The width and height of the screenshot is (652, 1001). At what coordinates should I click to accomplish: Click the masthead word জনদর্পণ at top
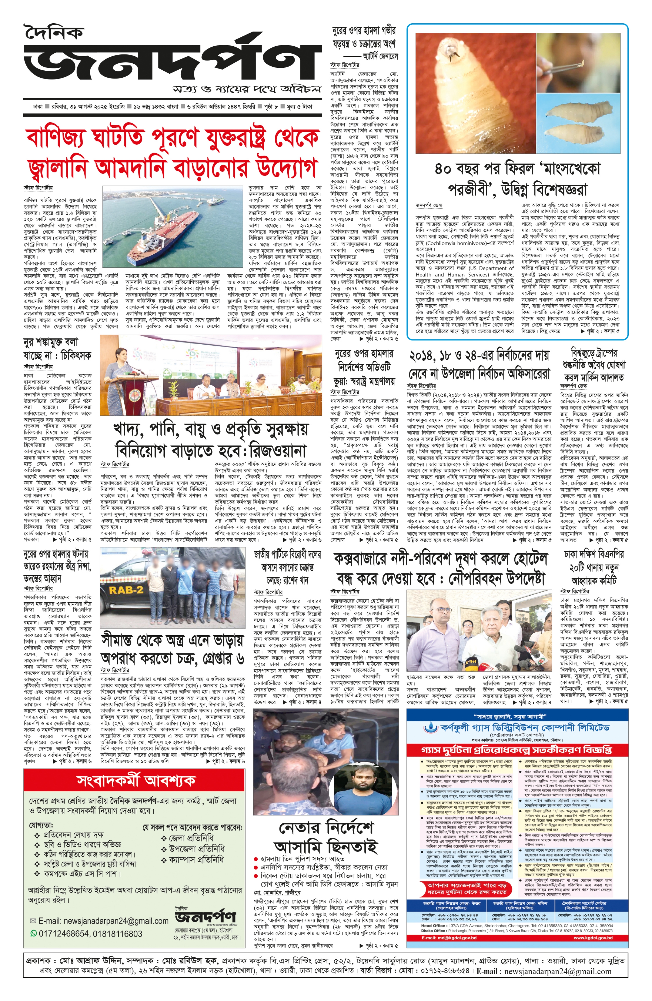click(x=168, y=61)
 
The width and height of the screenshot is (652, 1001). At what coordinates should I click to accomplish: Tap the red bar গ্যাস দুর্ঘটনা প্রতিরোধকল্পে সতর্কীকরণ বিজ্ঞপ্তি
click(x=516, y=750)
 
